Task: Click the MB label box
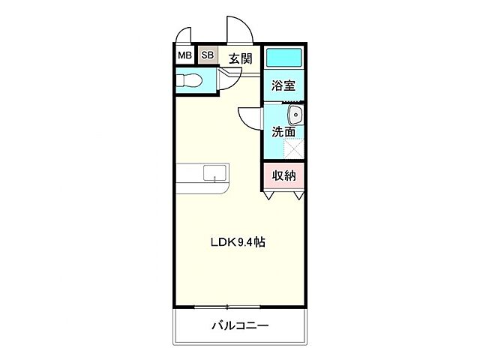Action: click(184, 55)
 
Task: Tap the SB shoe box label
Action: click(207, 55)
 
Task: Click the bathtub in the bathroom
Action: click(283, 57)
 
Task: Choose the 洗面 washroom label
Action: click(283, 132)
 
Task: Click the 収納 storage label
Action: click(283, 175)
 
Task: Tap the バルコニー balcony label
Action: click(240, 325)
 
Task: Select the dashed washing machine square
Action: click(295, 148)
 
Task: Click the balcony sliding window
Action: click(226, 306)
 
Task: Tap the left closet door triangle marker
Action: click(268, 196)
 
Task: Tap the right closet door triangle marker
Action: click(298, 196)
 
